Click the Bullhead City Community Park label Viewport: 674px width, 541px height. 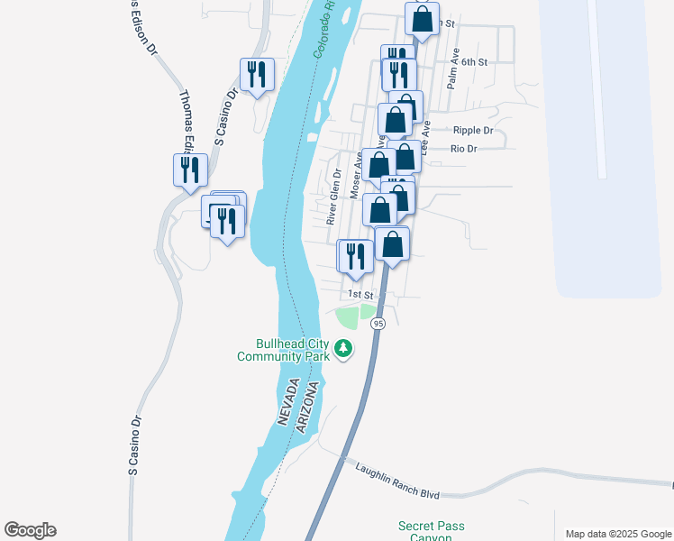click(280, 350)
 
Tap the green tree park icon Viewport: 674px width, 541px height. click(342, 348)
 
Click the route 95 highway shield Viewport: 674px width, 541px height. click(378, 324)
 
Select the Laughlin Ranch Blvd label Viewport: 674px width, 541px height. click(396, 481)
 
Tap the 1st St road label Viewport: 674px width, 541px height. click(360, 295)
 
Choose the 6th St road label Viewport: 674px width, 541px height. click(475, 62)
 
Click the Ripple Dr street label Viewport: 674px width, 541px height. click(473, 131)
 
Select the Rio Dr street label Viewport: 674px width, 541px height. click(463, 149)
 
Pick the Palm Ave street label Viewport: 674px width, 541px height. click(453, 68)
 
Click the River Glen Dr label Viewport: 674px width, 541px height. click(332, 197)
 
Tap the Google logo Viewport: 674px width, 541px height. click(30, 530)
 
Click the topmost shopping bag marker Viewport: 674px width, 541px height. click(422, 17)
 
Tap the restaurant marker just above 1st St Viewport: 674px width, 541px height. click(355, 255)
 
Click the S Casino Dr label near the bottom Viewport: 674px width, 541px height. click(136, 445)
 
